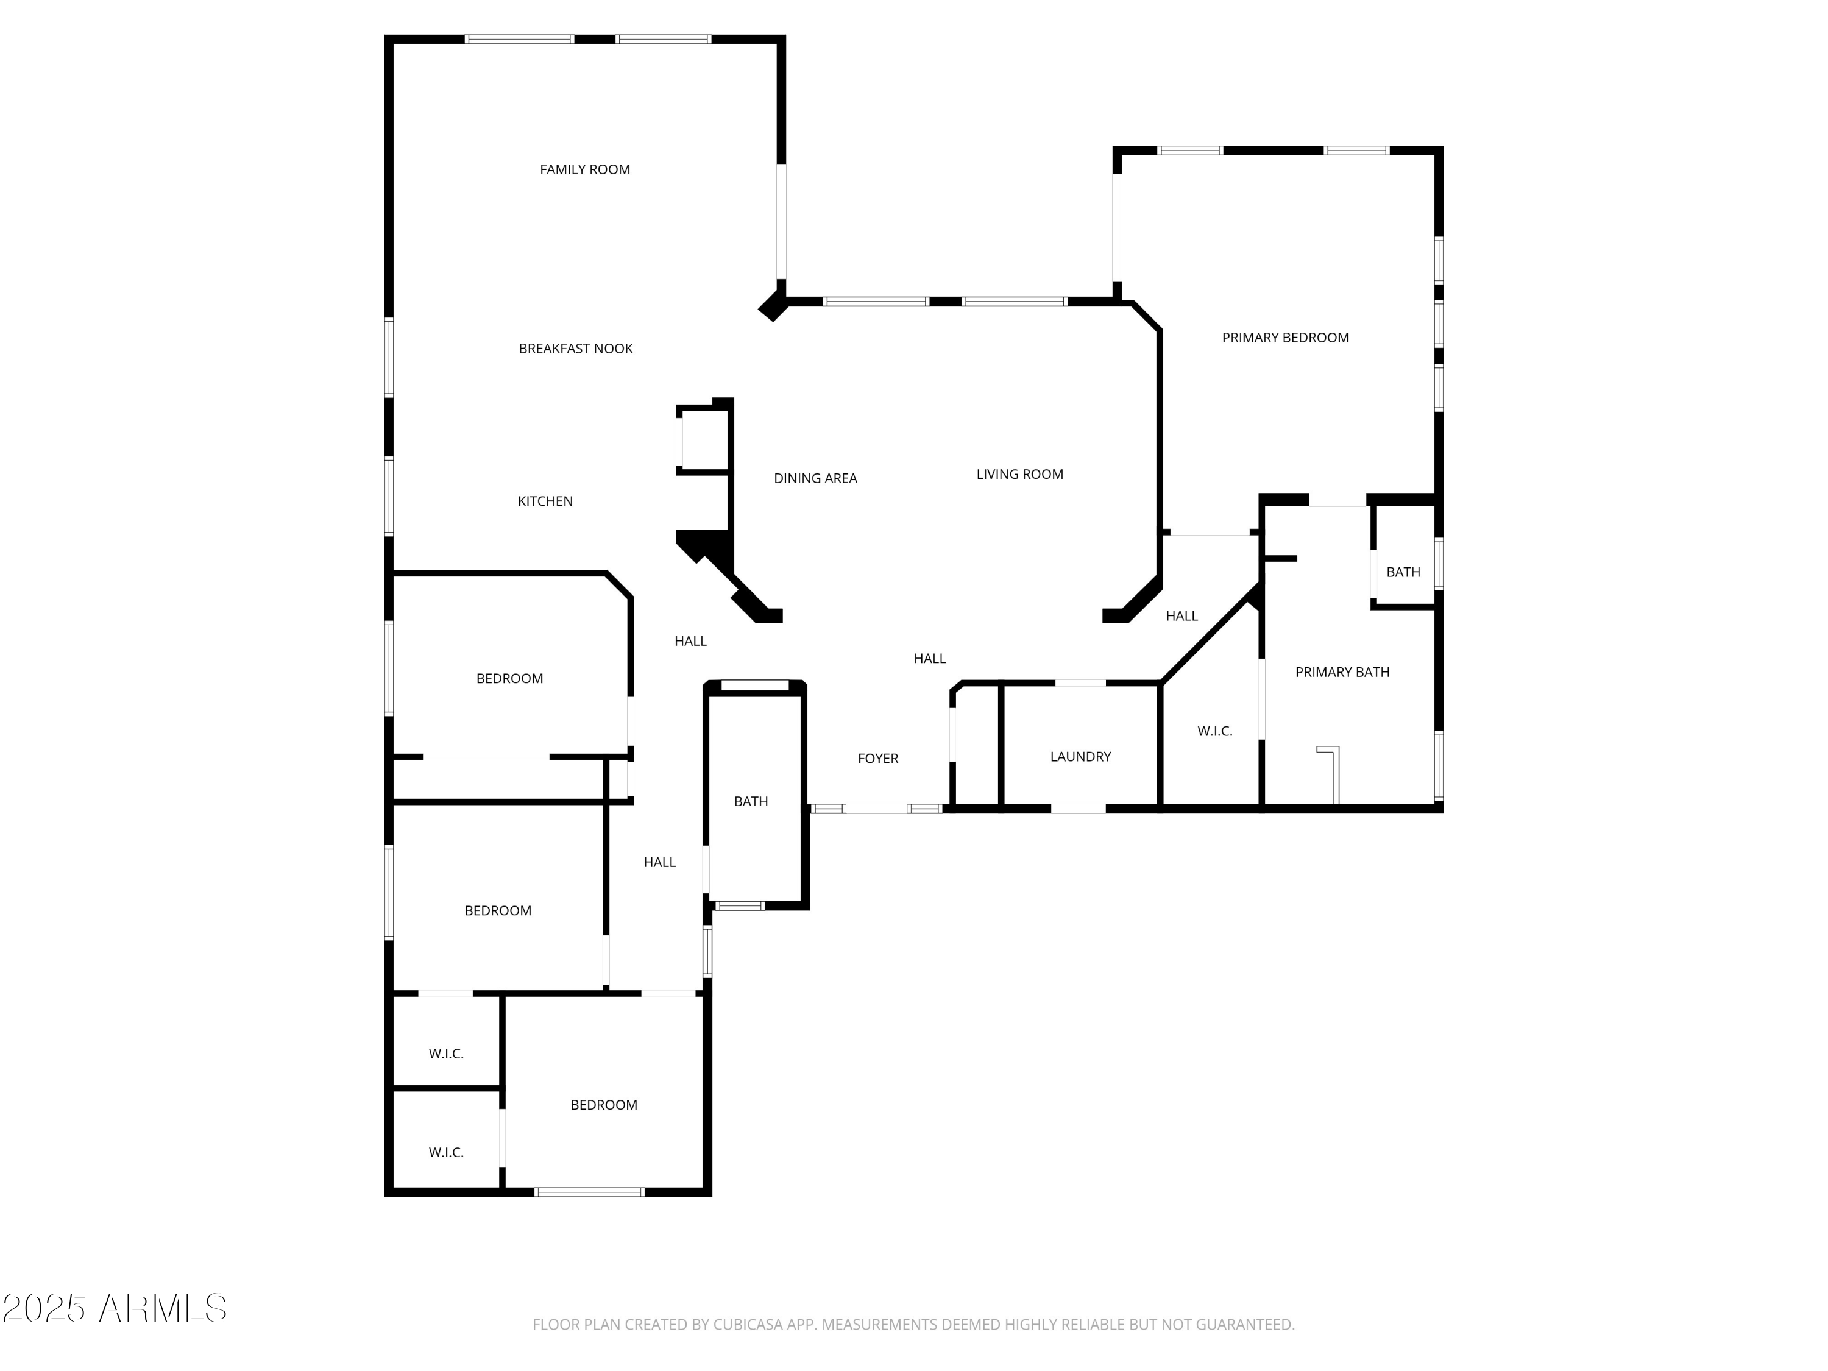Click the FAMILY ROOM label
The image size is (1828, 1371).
pos(584,169)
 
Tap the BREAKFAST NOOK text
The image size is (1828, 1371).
pos(575,349)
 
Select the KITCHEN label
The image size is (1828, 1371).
pos(545,501)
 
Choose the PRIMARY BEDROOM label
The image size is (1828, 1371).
pos(1285,337)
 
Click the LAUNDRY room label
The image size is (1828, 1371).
pos(1080,756)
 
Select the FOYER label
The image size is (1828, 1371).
pos(877,758)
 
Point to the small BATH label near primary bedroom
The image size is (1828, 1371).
pos(1403,572)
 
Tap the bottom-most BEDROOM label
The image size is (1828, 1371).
pos(603,1105)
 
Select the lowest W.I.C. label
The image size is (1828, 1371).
pos(445,1152)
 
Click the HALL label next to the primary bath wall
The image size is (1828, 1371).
pos(1181,615)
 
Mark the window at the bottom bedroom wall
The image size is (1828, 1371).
pos(589,1192)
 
